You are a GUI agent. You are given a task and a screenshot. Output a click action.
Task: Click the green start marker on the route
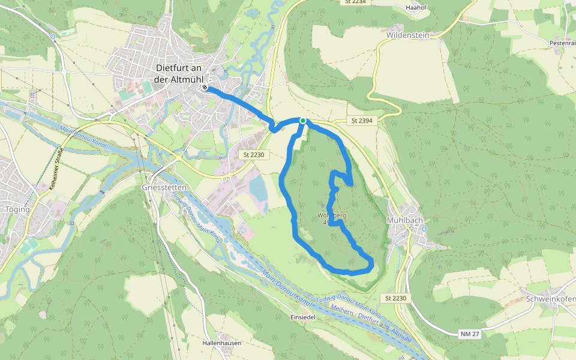[x=303, y=121]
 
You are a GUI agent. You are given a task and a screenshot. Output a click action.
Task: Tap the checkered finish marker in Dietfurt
[x=205, y=88]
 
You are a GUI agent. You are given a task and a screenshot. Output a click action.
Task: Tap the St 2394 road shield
[x=362, y=121]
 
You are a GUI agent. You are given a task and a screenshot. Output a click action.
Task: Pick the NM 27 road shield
[x=470, y=334]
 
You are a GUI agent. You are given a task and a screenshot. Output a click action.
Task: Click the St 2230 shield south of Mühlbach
[x=396, y=298]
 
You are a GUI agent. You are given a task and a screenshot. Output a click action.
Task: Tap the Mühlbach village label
[x=405, y=220]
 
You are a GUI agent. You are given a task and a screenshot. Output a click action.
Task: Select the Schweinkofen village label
[x=550, y=299]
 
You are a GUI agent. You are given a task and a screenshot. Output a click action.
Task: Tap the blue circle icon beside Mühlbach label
[x=424, y=229]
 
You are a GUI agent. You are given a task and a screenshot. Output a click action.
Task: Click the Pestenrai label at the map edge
[x=562, y=43]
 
